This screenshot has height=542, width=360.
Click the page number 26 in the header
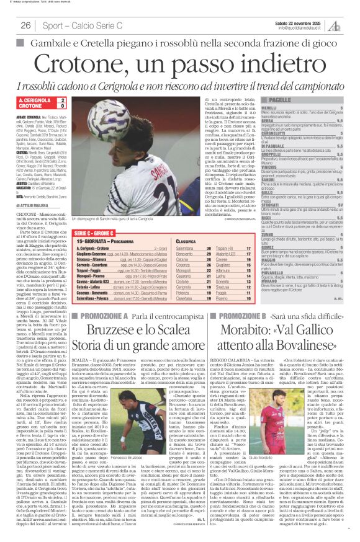[x=26, y=25]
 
